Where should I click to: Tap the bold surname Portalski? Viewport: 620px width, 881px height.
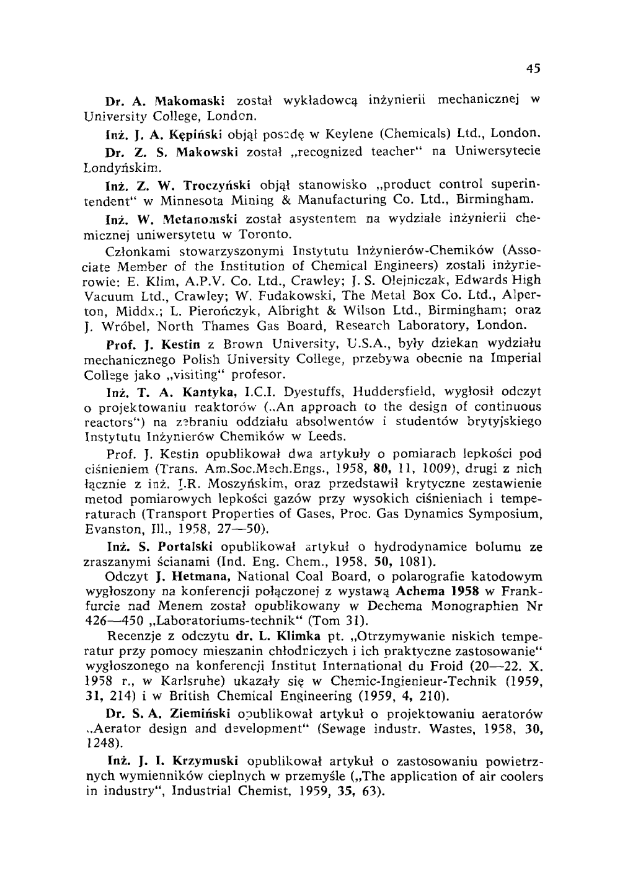tap(186, 547)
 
